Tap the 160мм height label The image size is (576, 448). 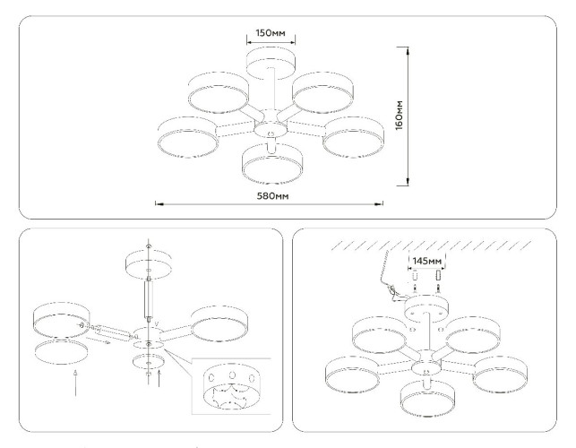[425, 115]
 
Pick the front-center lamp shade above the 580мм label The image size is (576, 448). [271, 159]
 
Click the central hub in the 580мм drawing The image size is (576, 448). [271, 129]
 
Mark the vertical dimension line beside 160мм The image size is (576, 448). [409, 115]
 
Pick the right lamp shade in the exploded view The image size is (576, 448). [220, 323]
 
